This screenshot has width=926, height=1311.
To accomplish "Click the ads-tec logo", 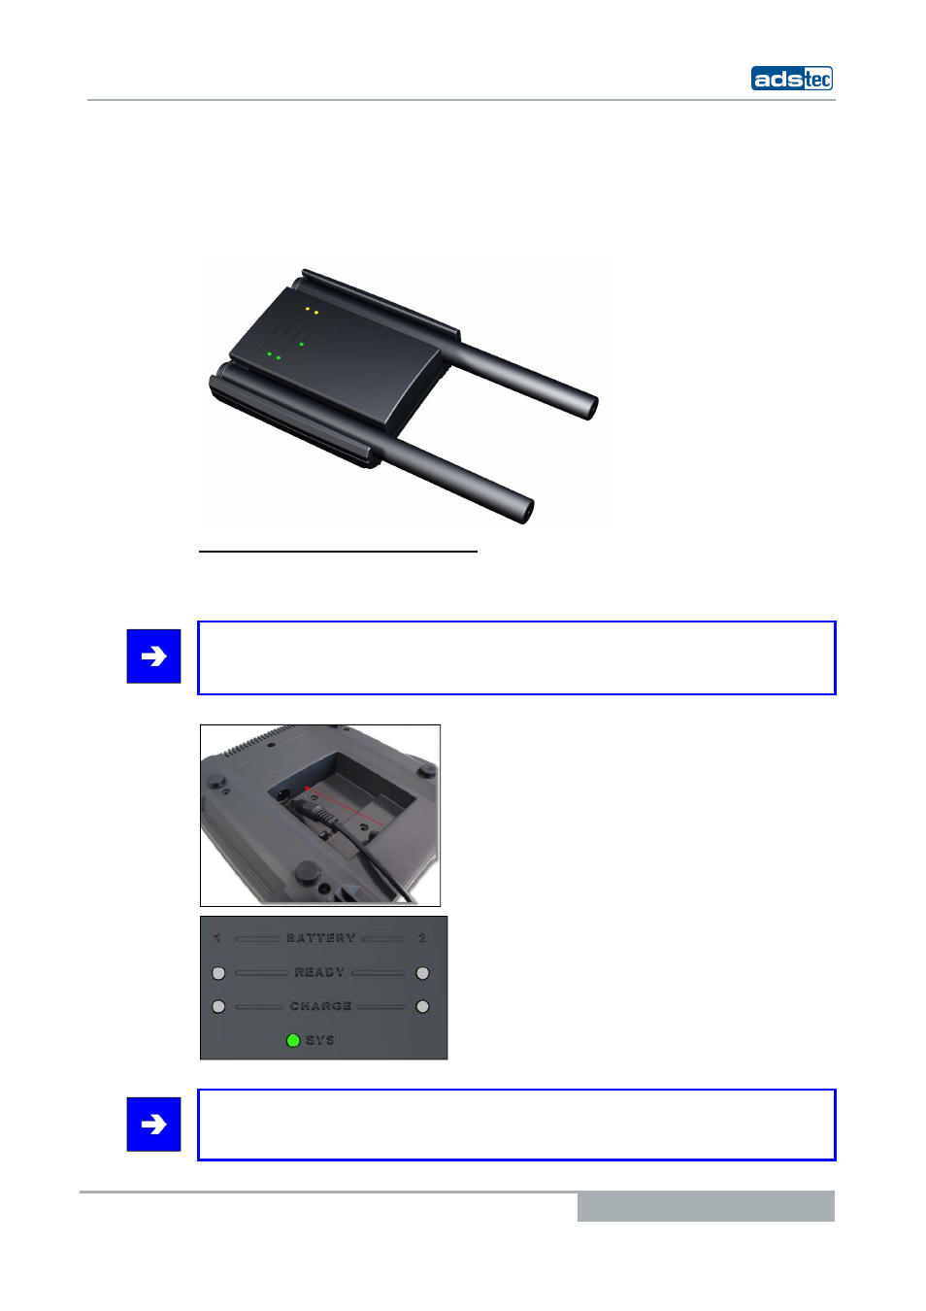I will point(791,79).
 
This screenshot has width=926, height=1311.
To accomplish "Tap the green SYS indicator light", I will point(293,1040).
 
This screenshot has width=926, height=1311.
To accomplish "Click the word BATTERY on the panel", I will point(320,938).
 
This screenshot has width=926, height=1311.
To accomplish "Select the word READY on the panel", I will point(319,972).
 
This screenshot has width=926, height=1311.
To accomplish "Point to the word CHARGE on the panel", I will point(320,1006).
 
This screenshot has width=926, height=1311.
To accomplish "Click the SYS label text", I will point(320,1040).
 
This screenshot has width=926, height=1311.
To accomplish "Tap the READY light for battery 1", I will point(218,973).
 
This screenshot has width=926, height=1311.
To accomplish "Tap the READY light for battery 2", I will point(422,973).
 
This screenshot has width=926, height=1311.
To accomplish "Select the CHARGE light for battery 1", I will point(218,1007).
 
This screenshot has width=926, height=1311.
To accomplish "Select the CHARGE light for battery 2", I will point(422,1007).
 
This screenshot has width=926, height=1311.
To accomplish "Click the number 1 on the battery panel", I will point(217,938).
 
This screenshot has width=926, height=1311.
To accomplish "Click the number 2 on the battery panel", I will point(422,938).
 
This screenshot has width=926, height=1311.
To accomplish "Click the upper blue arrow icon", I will point(153,656).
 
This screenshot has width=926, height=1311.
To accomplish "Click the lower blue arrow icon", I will point(153,1125).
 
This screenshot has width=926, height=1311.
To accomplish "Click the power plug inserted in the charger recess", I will point(320,814).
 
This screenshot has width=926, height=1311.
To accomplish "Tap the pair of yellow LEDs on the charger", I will point(312,311).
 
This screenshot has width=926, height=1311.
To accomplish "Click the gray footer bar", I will point(706,1206).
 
